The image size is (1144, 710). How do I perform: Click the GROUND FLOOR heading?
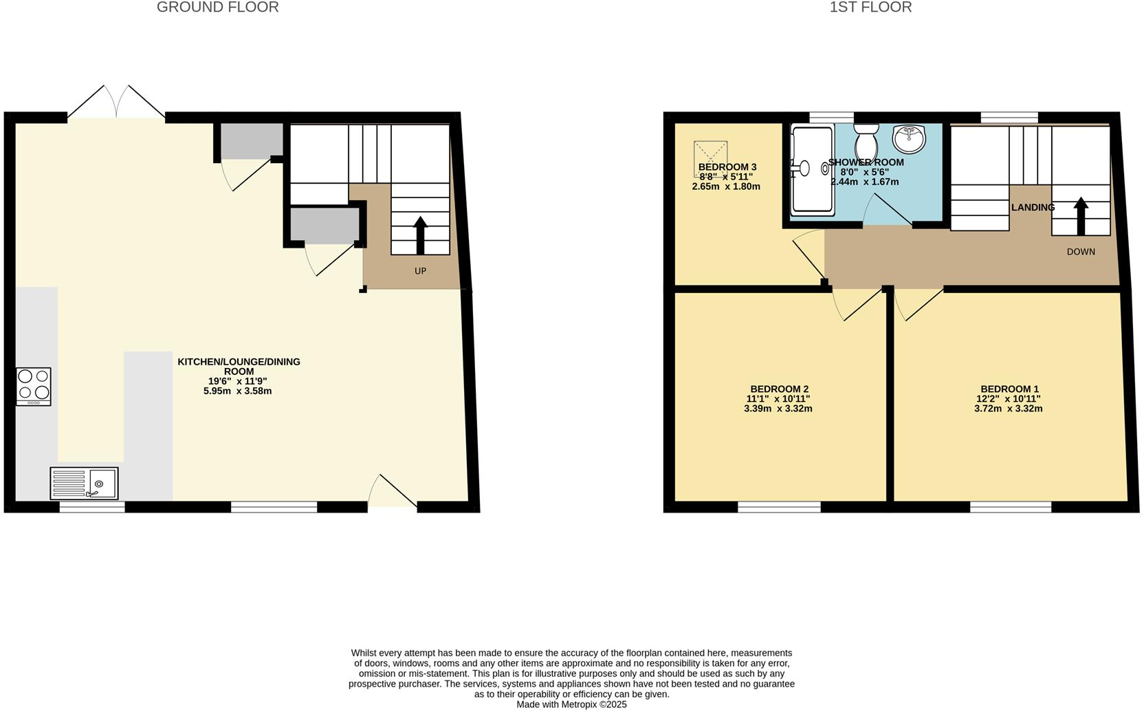(x=217, y=8)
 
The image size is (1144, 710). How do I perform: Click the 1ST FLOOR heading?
(x=870, y=8)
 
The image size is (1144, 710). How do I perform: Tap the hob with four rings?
(x=34, y=386)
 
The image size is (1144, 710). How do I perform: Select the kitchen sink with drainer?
(x=84, y=483)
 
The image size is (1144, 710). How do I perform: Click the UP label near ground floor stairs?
(x=420, y=271)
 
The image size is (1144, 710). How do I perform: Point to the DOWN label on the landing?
(x=1081, y=252)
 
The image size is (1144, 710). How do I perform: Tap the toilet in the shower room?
(x=866, y=142)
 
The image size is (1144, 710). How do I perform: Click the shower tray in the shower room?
(x=812, y=169)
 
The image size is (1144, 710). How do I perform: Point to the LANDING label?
(x=1033, y=207)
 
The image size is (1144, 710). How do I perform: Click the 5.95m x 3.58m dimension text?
(x=238, y=391)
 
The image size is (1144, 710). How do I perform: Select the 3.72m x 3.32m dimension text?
(x=1009, y=409)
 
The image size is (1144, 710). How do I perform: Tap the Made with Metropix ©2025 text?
(x=571, y=704)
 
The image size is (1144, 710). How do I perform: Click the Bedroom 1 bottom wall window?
(x=1011, y=508)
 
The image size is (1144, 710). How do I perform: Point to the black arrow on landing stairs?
(x=1081, y=215)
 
